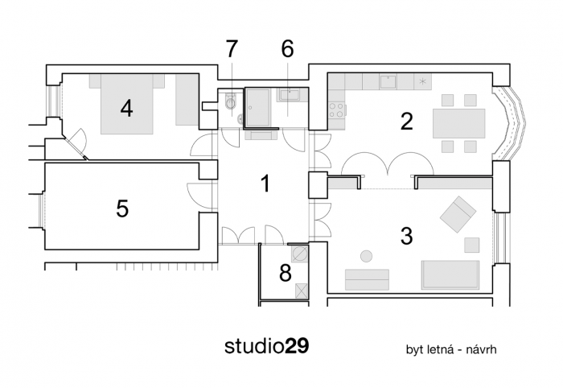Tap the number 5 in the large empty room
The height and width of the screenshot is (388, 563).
(122, 208)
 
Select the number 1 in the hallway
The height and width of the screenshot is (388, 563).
(265, 184)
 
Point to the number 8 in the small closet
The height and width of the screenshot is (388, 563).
(285, 273)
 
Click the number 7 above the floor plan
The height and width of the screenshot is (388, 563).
(232, 48)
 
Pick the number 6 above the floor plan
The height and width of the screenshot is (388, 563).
(287, 48)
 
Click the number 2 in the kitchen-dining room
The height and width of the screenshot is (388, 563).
(406, 122)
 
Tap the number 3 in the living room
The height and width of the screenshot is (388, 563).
(406, 236)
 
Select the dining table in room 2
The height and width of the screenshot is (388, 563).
(459, 123)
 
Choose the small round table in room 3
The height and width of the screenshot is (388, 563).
(366, 256)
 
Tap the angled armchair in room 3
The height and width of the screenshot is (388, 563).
(457, 214)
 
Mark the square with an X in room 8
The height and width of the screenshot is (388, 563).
(302, 291)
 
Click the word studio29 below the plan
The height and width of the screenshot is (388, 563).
(266, 347)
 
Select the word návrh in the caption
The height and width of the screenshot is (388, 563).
(482, 351)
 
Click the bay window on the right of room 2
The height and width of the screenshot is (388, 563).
(512, 122)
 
